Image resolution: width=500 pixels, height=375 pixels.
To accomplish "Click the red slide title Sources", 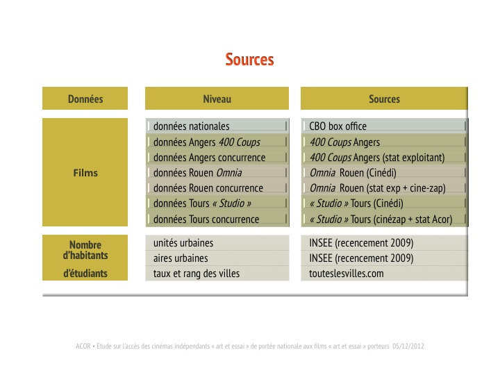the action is (249, 59).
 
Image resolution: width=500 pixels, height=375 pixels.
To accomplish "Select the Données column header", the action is (85, 99).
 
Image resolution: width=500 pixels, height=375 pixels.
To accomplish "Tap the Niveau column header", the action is (217, 99).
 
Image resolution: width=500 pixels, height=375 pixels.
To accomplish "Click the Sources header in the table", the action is (384, 99).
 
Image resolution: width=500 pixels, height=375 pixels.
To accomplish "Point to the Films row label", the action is (85, 172).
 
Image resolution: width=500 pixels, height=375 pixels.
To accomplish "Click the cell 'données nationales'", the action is (217, 126).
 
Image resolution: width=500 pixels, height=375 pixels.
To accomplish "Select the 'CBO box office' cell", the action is (384, 126).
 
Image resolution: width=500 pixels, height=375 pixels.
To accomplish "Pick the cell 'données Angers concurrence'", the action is (217, 157).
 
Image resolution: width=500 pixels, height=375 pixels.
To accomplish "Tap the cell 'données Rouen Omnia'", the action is (217, 172).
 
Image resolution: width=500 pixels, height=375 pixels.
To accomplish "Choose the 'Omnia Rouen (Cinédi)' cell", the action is (384, 172).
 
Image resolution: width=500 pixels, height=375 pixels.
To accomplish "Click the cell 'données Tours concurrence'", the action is (217, 219).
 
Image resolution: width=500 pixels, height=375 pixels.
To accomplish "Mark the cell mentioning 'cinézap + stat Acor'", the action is (384, 219).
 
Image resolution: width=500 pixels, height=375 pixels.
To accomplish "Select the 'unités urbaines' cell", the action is (217, 242).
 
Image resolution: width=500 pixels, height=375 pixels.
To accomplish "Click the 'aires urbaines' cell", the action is (217, 258).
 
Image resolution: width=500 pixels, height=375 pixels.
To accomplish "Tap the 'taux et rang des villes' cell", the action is (217, 274).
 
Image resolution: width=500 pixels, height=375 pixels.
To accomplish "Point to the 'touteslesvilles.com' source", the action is (347, 274).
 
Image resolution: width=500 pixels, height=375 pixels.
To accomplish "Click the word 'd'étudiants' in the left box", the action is (85, 274).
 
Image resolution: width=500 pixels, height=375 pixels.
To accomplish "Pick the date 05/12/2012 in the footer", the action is (408, 346).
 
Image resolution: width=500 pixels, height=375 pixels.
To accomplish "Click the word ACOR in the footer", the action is (83, 346).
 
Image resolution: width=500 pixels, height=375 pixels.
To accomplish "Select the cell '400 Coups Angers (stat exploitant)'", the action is (384, 157).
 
